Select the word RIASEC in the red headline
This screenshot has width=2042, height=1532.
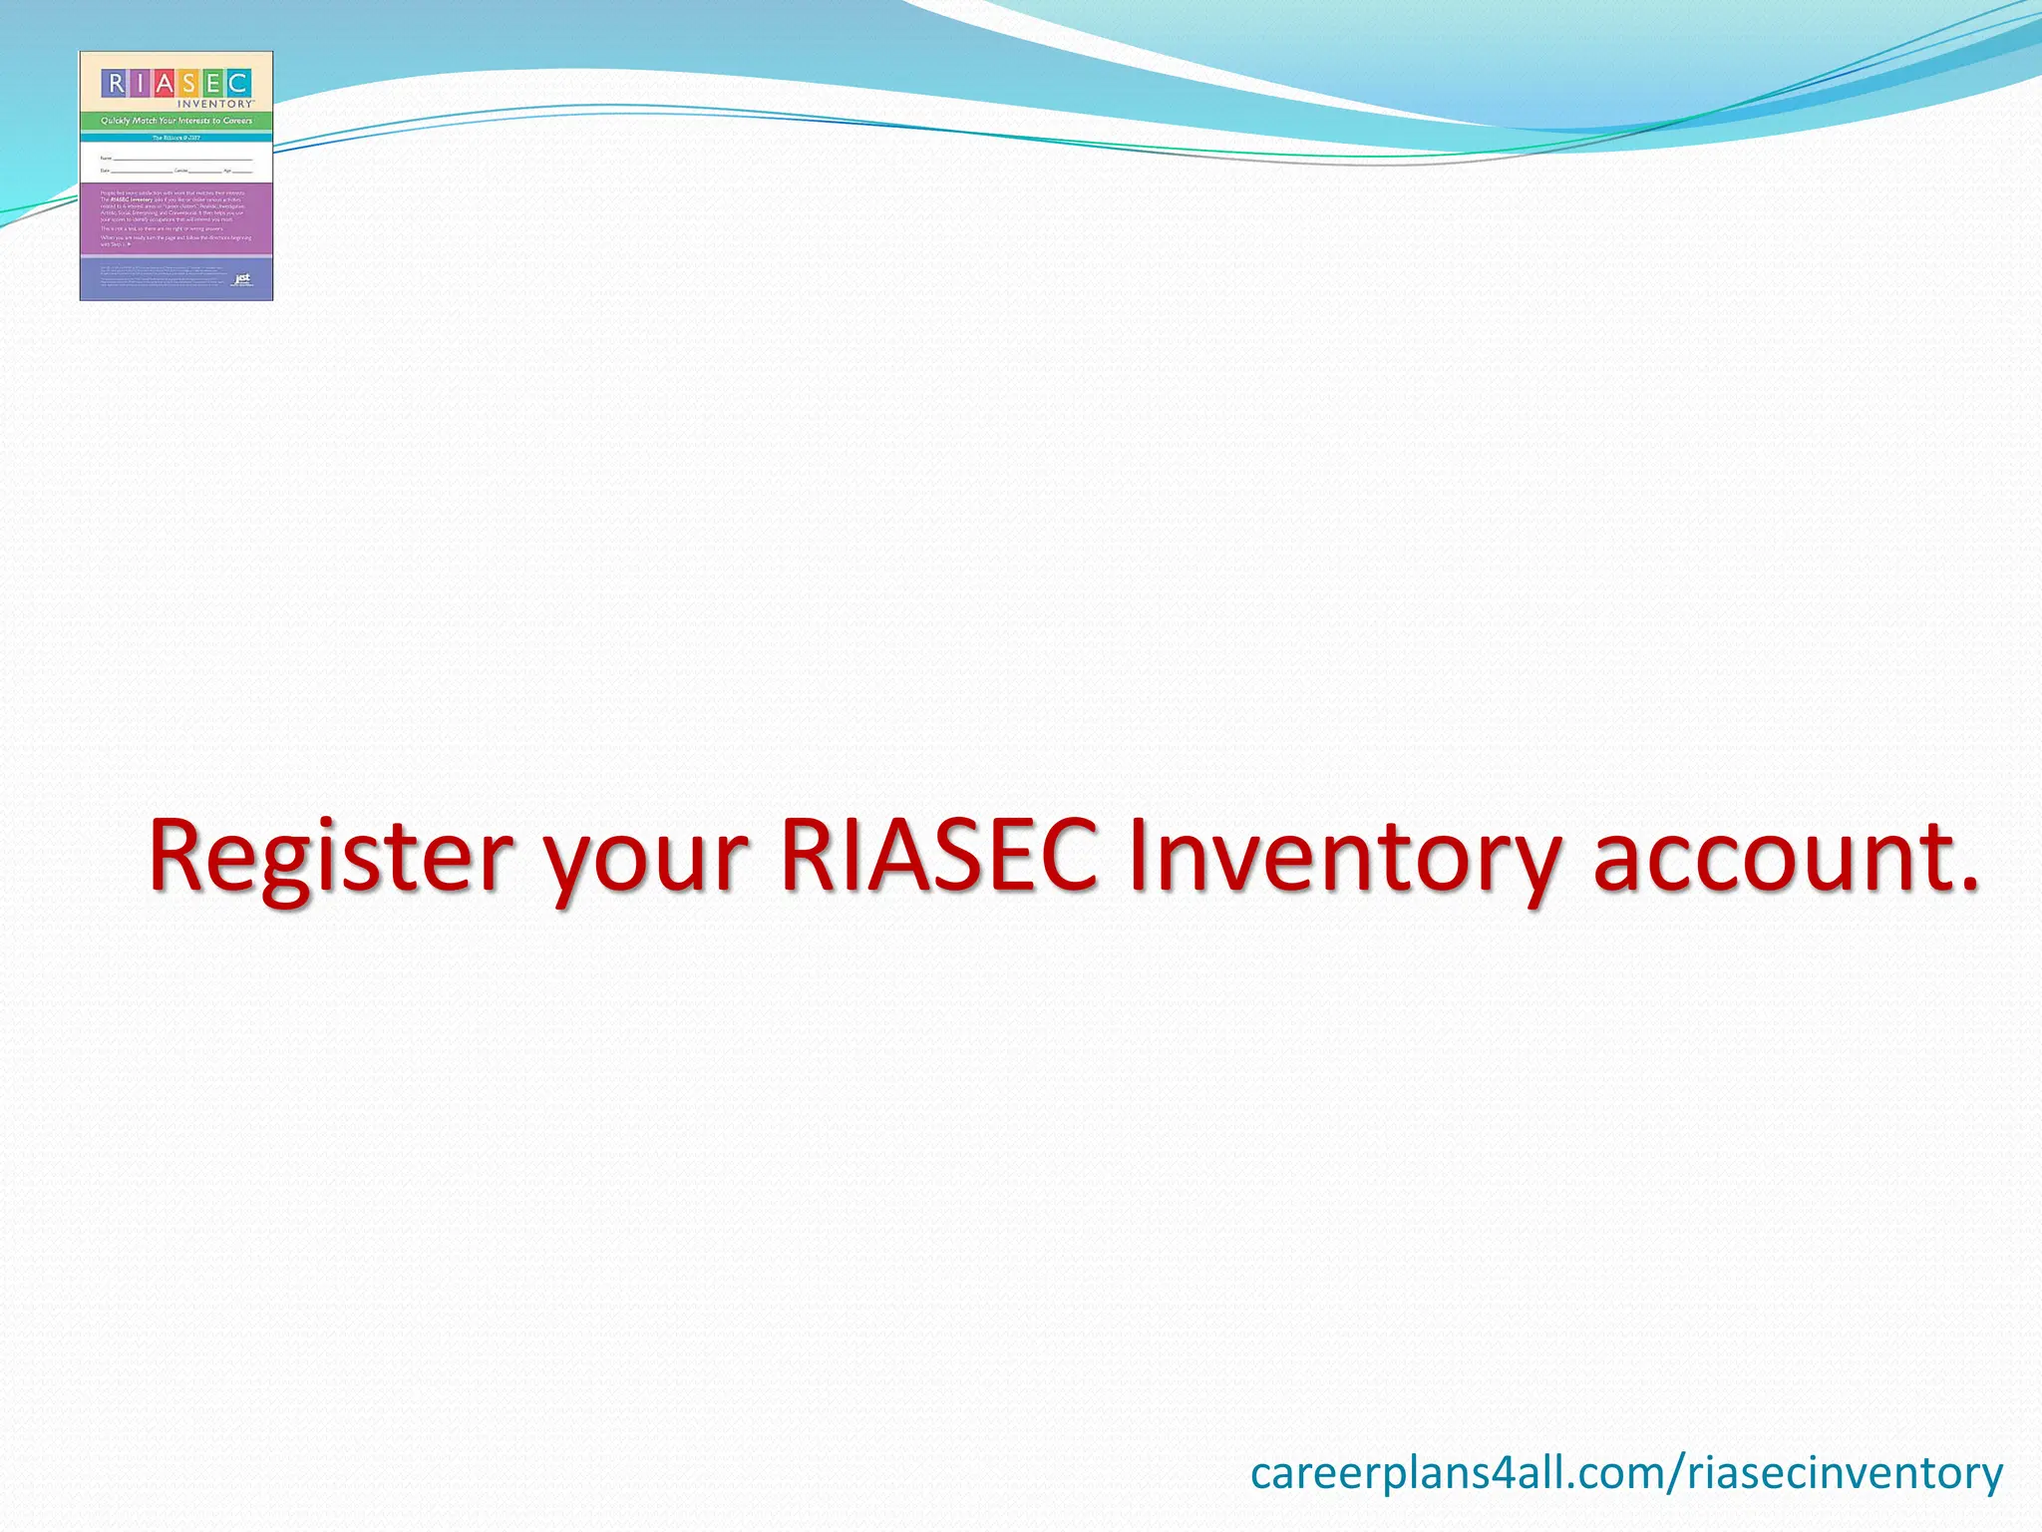tap(939, 856)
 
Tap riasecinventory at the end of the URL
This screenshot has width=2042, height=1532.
tap(1845, 1473)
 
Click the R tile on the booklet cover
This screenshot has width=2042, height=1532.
tap(116, 83)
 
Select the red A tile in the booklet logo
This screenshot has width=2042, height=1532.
tap(165, 83)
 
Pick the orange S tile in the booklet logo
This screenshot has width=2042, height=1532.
tap(188, 83)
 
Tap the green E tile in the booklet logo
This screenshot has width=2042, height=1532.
tap(212, 83)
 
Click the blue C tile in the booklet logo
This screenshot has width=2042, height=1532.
tap(237, 83)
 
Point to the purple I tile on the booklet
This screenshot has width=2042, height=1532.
tap(140, 83)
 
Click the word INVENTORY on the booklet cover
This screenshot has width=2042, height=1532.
tap(215, 104)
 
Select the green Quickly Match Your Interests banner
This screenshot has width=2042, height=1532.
tap(176, 121)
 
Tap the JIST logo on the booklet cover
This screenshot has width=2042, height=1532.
tap(242, 279)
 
